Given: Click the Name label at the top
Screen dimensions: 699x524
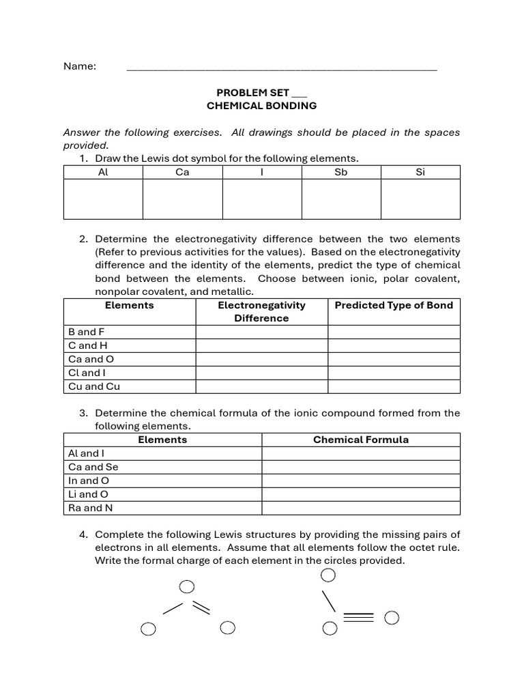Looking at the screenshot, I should (80, 66).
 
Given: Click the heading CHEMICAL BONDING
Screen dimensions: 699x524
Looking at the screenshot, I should (262, 106).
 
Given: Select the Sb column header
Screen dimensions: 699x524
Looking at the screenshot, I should (341, 172).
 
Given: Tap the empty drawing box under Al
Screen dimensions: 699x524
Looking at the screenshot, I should (103, 199).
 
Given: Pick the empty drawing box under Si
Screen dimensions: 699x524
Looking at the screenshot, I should (420, 199).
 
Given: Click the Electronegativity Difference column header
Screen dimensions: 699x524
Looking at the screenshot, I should (262, 311).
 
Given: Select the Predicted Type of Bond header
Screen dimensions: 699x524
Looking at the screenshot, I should (394, 305).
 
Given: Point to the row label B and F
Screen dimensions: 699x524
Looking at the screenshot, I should (87, 332).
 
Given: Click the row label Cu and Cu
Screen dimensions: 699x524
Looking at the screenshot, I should (94, 386).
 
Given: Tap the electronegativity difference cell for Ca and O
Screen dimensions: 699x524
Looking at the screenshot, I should (262, 359).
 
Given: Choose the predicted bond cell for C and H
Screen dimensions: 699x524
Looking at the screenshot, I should (394, 345).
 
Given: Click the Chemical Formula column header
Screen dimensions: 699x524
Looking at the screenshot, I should (361, 440).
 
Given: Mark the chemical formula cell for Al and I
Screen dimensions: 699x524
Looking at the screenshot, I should (361, 453).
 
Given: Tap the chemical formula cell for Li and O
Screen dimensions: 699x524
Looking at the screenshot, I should (361, 494).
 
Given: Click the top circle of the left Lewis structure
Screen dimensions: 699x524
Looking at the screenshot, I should (186, 587).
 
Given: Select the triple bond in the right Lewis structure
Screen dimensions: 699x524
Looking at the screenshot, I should (359, 618).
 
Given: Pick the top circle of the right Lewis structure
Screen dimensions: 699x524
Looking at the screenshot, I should (328, 575).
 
